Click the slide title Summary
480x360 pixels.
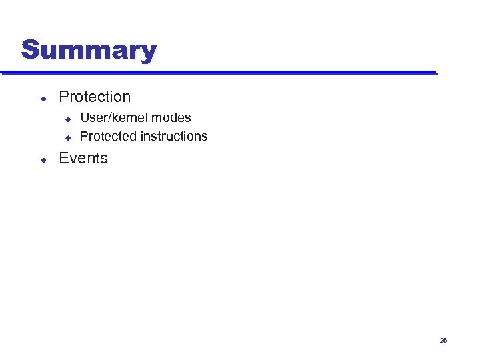[x=89, y=50]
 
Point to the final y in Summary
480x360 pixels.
[x=149, y=53]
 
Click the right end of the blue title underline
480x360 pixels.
[x=435, y=73]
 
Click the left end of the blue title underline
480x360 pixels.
[x=2, y=73]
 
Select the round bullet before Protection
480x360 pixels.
[x=43, y=98]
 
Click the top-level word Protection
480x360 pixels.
[x=95, y=97]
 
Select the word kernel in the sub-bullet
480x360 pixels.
[x=129, y=118]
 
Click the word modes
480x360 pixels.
[x=172, y=118]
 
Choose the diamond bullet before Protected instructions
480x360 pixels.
[x=67, y=137]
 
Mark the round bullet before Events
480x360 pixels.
[x=43, y=160]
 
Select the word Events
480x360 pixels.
[x=83, y=159]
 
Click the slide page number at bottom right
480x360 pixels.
[x=443, y=341]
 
